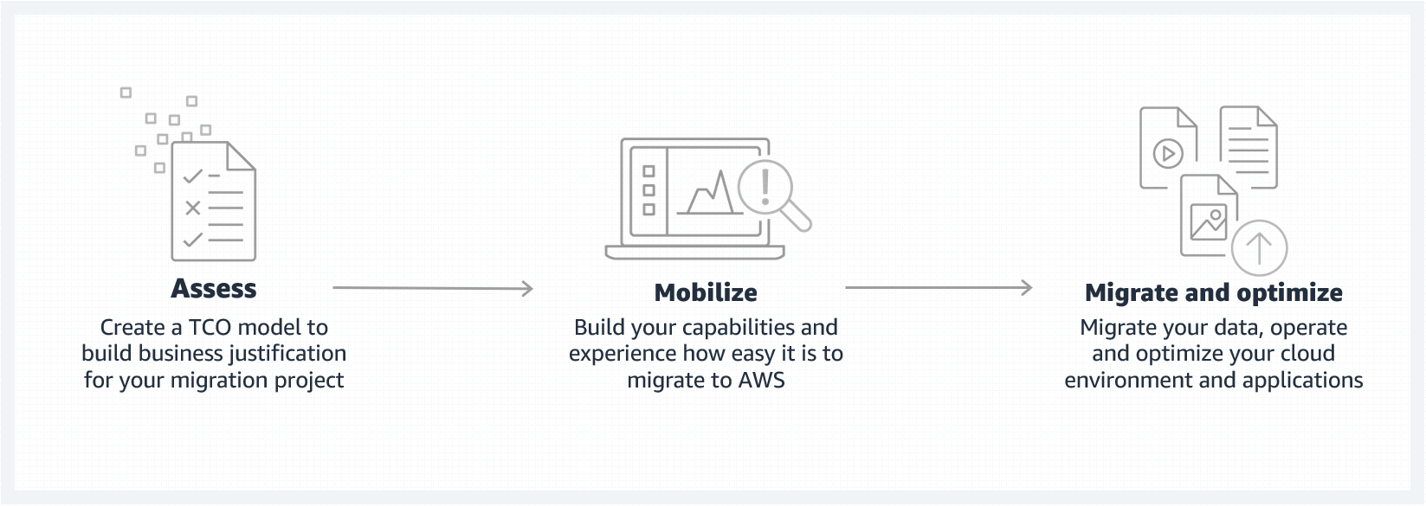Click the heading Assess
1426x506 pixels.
pyautogui.click(x=214, y=288)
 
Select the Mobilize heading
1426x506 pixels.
pyautogui.click(x=706, y=292)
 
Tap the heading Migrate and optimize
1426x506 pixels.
pyautogui.click(x=1213, y=292)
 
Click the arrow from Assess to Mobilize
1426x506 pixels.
pyautogui.click(x=432, y=288)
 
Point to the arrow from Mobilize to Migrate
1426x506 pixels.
pyautogui.click(x=939, y=287)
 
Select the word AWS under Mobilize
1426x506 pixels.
pyautogui.click(x=762, y=380)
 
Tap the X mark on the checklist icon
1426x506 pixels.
pyautogui.click(x=192, y=208)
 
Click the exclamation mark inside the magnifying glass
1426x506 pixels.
pyautogui.click(x=765, y=185)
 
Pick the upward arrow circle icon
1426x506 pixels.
pyautogui.click(x=1259, y=248)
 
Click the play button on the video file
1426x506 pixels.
pyautogui.click(x=1168, y=154)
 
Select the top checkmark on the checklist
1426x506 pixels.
pyautogui.click(x=192, y=176)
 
